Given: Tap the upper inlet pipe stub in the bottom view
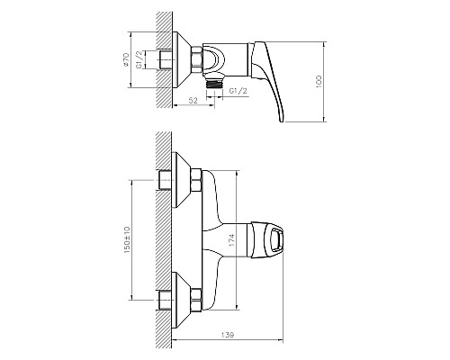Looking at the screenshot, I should pyautogui.click(x=165, y=180).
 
